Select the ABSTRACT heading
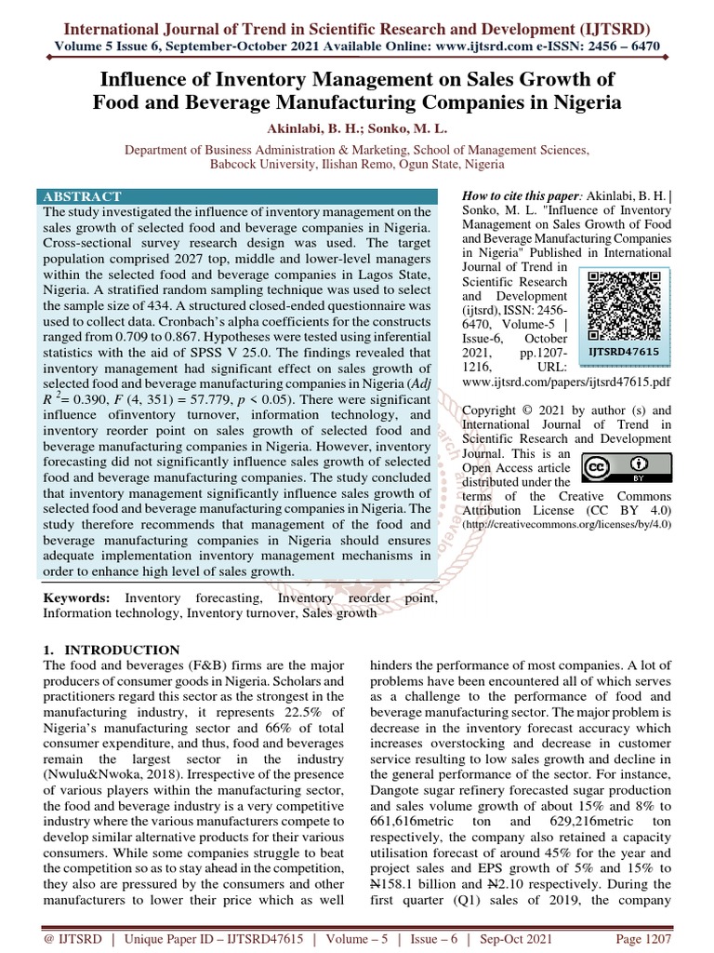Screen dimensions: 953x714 pyautogui.click(x=82, y=196)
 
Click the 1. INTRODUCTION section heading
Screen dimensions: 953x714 pyautogui.click(x=112, y=650)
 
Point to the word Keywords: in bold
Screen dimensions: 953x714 pyautogui.click(x=77, y=597)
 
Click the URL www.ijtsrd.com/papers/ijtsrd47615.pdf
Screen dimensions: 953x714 pyautogui.click(x=573, y=382)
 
